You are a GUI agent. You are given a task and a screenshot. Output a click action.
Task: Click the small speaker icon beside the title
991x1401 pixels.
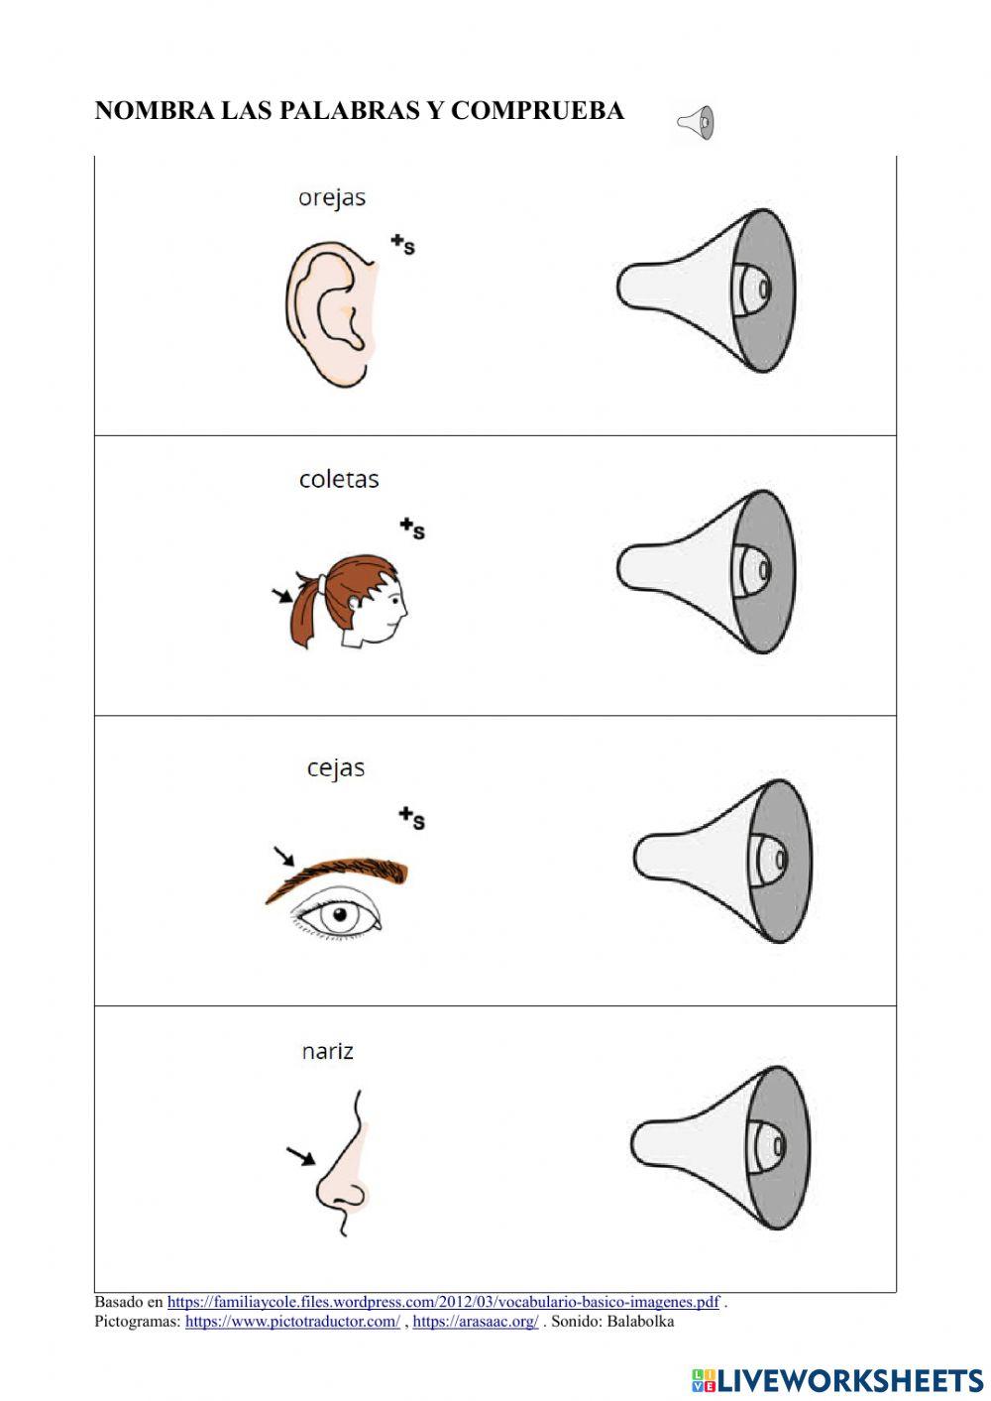tap(696, 123)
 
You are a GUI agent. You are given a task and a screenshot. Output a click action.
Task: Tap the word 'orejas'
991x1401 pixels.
tap(332, 198)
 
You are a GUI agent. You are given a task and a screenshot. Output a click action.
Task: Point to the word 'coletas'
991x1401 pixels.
tap(339, 480)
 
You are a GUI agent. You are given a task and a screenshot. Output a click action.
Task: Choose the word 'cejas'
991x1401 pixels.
tap(336, 768)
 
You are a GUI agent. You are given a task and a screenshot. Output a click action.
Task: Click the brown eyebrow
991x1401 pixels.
tap(342, 876)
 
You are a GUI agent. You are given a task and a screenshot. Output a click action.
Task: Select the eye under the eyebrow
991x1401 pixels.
tap(340, 915)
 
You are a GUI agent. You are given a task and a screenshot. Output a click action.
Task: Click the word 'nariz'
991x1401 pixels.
tap(328, 1051)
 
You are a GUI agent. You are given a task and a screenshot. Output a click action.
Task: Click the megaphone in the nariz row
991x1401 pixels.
tap(721, 1147)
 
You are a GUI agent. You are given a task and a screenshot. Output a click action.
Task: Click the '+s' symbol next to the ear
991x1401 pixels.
tap(402, 243)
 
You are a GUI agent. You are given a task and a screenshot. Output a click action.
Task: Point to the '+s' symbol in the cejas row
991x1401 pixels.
tap(412, 818)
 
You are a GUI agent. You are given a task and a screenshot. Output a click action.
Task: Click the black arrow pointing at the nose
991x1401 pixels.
tap(300, 1155)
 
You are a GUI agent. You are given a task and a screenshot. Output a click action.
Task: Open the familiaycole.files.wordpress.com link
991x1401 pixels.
tap(443, 1302)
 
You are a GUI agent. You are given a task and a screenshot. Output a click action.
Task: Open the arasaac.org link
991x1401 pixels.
tap(475, 1321)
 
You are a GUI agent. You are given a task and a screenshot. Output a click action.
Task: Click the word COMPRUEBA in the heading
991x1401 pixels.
tap(537, 111)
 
